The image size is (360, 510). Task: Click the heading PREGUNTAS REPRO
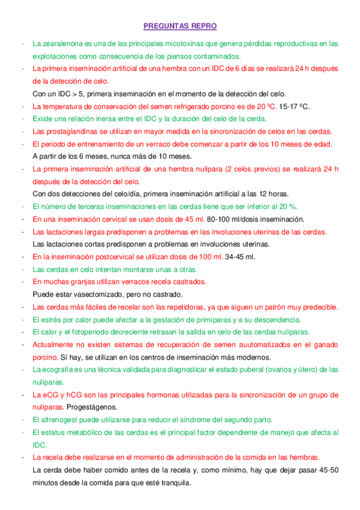pos(180,26)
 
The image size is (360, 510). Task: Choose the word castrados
pos(187,282)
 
